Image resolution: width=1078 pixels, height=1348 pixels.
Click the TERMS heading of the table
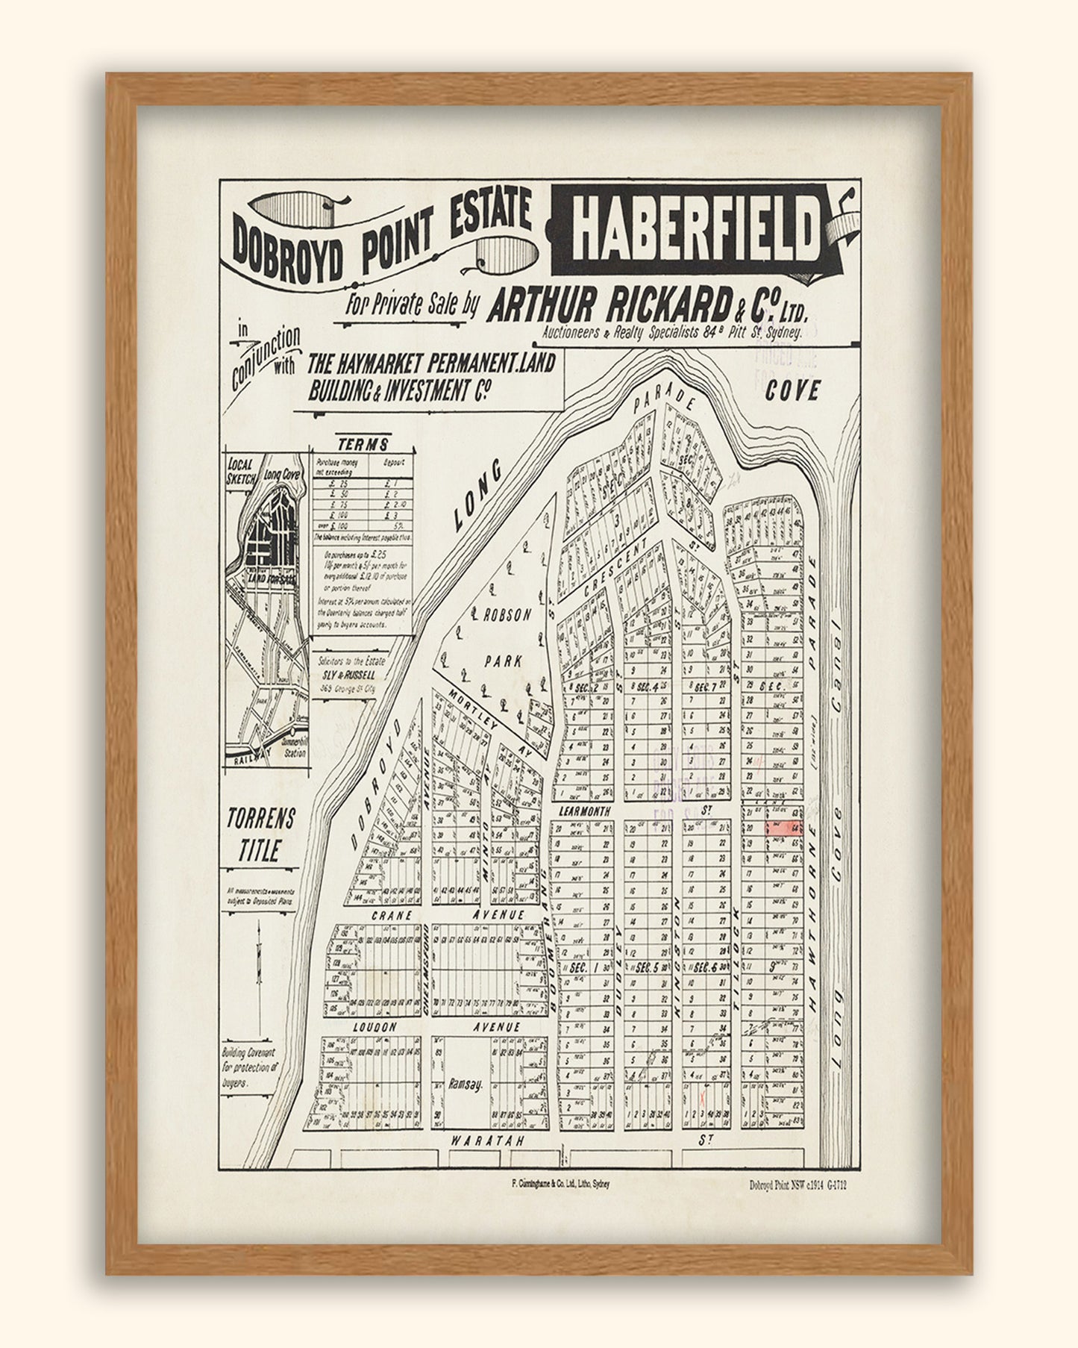[363, 444]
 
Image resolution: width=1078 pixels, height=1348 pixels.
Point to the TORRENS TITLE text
[260, 834]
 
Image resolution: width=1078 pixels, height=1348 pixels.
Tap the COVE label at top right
[792, 390]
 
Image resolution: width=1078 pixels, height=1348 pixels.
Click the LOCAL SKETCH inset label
[242, 469]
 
